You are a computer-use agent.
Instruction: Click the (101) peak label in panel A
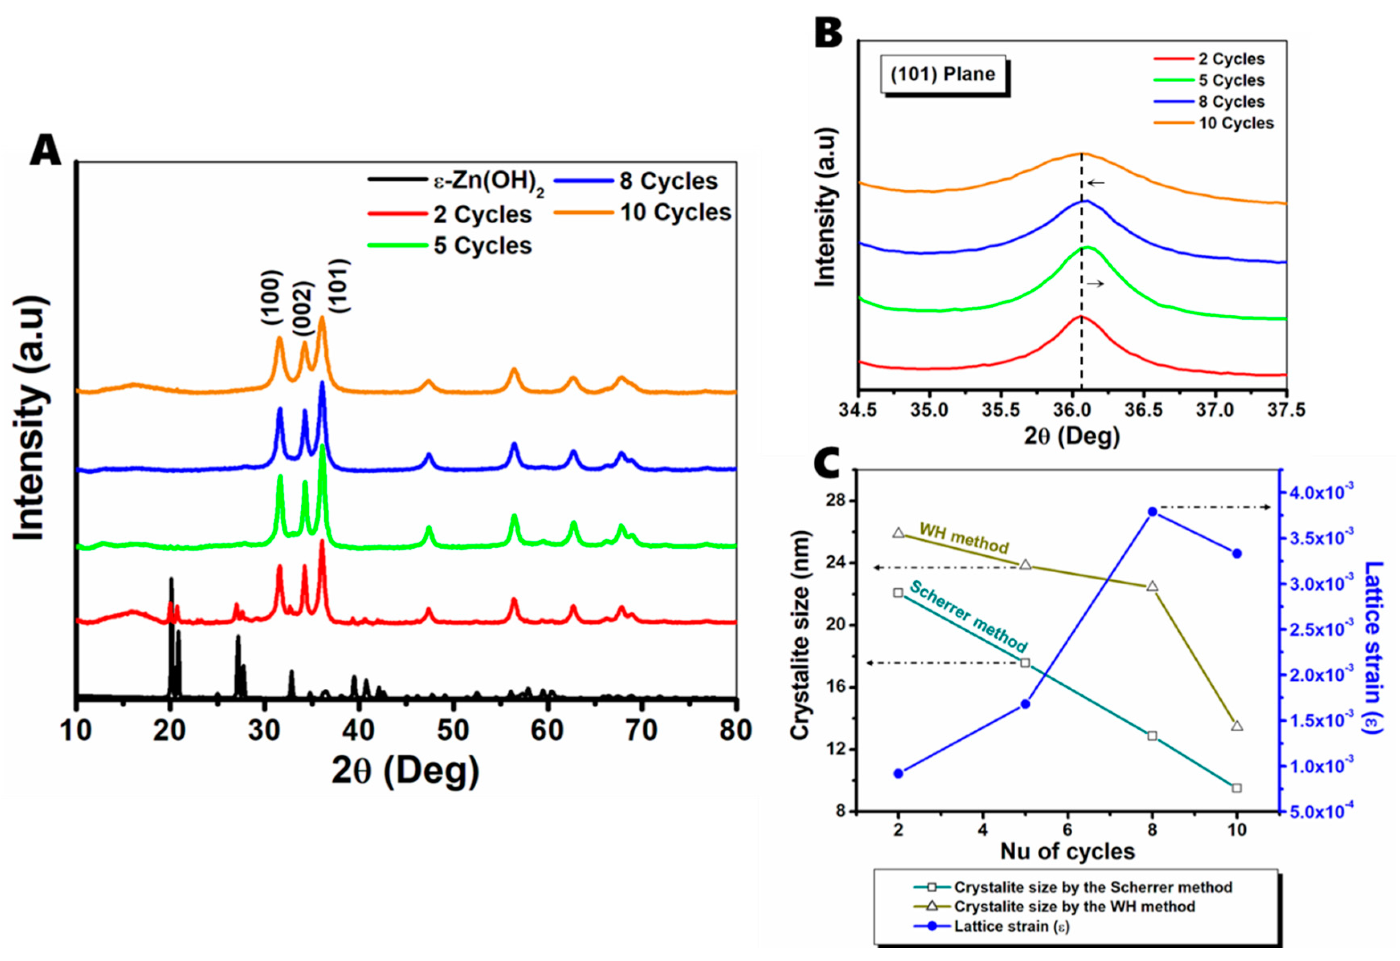(339, 286)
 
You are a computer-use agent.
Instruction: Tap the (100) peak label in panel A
(272, 298)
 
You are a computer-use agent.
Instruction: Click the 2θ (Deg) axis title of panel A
(405, 771)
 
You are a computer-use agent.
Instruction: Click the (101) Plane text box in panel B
(943, 74)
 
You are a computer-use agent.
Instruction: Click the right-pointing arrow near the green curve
(1095, 284)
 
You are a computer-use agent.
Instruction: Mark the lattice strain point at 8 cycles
(1153, 512)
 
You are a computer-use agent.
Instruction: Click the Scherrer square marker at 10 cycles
(1237, 788)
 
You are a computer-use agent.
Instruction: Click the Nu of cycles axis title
(1067, 851)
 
